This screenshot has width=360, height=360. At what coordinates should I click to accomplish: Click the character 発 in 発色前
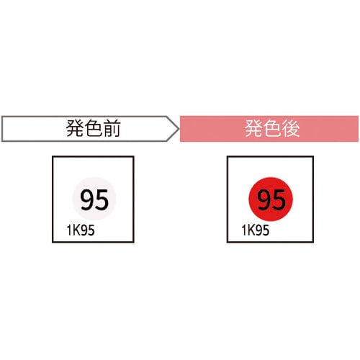click(75, 128)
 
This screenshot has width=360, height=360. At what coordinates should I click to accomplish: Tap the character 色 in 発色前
click(93, 128)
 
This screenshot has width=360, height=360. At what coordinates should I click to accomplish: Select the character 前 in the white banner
click(112, 128)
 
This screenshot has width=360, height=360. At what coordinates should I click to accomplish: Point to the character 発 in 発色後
click(253, 128)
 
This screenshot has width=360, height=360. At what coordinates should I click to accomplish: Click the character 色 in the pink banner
click(272, 128)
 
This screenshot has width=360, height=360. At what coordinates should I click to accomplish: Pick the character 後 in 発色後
click(291, 128)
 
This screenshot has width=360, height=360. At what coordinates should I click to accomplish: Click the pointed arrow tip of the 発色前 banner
click(179, 129)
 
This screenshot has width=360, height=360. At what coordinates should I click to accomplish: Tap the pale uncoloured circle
click(94, 199)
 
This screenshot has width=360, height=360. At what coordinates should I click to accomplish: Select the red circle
click(271, 199)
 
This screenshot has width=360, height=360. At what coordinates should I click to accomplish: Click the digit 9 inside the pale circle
click(87, 199)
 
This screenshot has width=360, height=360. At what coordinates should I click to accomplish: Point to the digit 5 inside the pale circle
click(102, 199)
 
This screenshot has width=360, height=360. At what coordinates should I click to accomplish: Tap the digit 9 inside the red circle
click(264, 199)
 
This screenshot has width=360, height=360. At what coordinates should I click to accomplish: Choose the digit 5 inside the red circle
click(279, 199)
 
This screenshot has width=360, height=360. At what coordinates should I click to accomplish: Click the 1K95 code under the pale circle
click(81, 230)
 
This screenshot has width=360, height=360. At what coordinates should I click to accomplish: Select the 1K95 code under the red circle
click(256, 230)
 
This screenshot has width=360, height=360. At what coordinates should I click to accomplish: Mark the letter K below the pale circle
click(76, 230)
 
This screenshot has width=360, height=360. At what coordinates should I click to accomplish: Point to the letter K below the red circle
click(251, 230)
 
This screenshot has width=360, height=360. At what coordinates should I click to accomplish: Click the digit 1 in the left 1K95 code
click(69, 230)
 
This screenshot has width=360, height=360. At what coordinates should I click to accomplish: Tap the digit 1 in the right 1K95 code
click(244, 230)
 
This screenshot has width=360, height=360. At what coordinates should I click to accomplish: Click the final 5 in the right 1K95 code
click(266, 230)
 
